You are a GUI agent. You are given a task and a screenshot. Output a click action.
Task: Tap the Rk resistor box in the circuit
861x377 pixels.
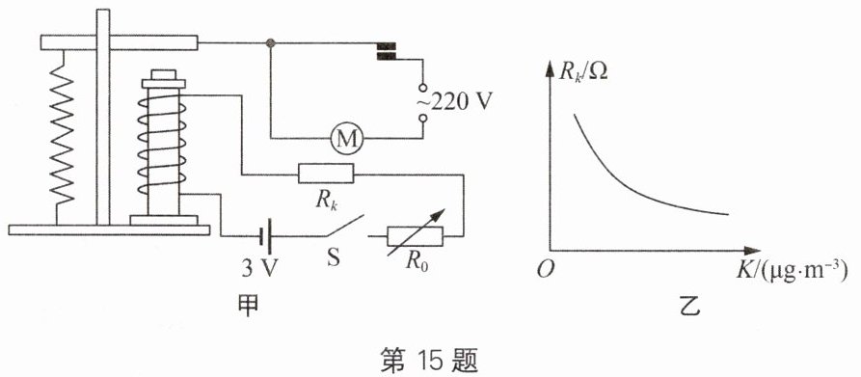(x=326, y=174)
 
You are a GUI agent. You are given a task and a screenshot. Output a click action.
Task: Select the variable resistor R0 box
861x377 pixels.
(x=415, y=236)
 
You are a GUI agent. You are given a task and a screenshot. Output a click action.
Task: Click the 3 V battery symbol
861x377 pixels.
(x=266, y=236)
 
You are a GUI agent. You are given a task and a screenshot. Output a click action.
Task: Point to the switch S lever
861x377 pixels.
(x=344, y=227)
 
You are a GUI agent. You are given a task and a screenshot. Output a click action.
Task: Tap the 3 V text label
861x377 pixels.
(x=260, y=268)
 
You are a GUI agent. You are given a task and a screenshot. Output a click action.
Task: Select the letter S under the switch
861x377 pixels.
(x=334, y=257)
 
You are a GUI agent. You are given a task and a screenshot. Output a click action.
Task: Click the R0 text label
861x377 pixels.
(x=417, y=261)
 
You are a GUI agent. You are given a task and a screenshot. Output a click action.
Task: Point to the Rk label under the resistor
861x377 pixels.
(x=326, y=200)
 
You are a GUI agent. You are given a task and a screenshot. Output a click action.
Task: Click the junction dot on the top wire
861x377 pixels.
(x=270, y=42)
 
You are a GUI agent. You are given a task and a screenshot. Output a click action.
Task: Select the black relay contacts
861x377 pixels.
(x=386, y=51)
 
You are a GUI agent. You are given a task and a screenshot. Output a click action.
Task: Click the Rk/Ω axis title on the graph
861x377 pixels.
(x=583, y=71)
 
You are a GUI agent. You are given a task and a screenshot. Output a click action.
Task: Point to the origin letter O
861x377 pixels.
(x=544, y=270)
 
